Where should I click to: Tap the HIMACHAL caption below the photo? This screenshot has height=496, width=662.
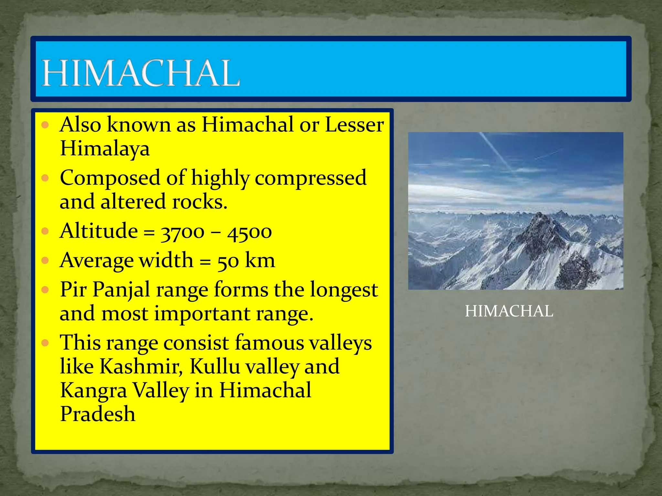[509, 311]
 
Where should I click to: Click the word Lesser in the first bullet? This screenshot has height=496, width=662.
[354, 125]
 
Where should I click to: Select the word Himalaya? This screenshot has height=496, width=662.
[105, 149]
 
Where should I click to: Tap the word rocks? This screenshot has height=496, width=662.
[199, 202]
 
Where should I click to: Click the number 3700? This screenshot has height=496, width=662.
[183, 232]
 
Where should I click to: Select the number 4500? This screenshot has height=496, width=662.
[249, 232]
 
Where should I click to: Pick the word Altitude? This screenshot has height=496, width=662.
[99, 231]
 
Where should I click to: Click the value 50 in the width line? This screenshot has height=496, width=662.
[228, 261]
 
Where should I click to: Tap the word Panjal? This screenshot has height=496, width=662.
[121, 290]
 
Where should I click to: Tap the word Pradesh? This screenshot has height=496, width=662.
[98, 415]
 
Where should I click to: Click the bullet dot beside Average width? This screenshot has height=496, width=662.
[45, 260]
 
